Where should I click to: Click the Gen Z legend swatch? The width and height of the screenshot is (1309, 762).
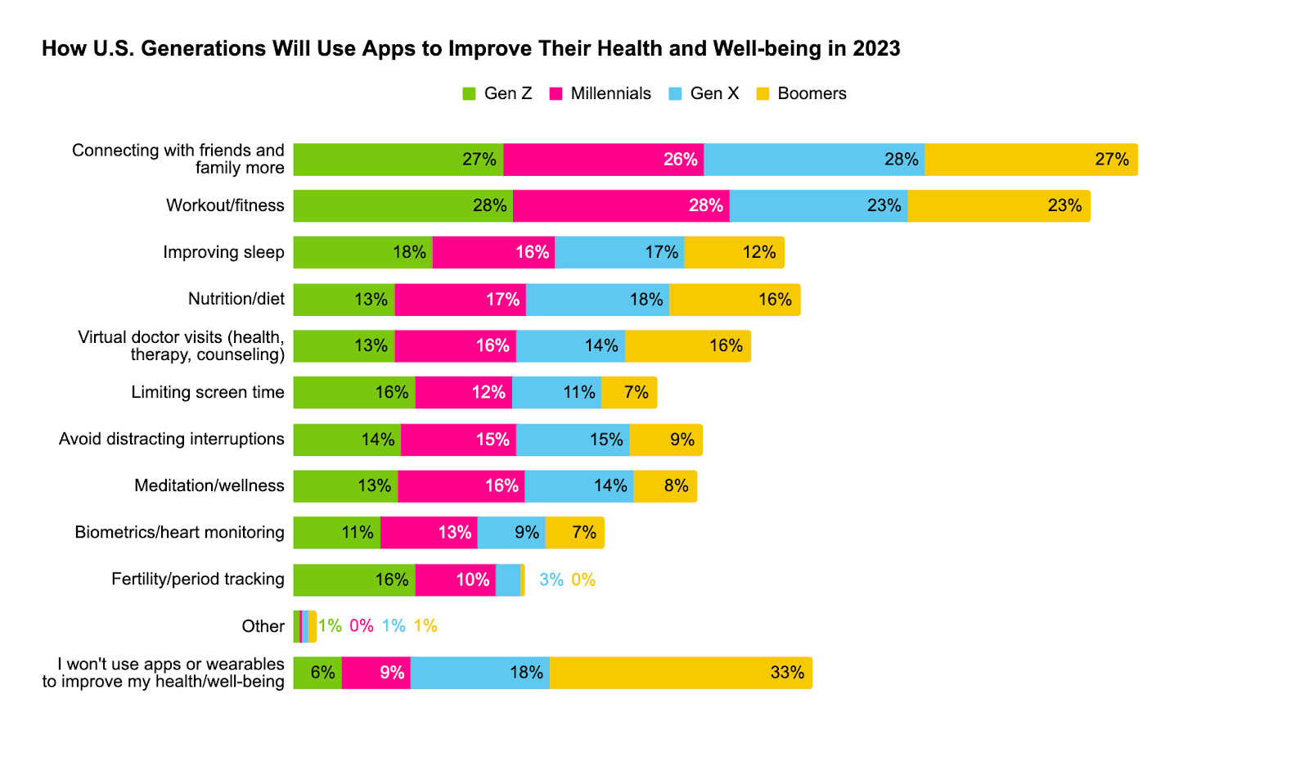470,94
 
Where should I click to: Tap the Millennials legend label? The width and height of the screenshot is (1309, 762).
610,94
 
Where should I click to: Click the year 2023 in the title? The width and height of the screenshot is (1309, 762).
876,49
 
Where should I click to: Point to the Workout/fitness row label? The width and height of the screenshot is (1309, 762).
225,205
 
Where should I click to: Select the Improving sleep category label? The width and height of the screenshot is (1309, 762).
223,252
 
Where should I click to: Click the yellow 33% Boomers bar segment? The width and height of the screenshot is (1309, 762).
681,673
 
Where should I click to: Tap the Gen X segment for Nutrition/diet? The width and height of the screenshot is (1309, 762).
597,300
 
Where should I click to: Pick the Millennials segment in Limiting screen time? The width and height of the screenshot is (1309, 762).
463,393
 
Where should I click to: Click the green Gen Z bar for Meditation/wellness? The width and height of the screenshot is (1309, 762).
345,486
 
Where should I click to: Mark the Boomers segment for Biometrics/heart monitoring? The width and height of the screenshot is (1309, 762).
575,533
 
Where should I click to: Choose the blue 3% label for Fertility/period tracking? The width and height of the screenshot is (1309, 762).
551,580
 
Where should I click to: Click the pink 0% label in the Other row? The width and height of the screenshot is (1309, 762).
362,626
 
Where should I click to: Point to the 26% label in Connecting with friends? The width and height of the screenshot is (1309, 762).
680,160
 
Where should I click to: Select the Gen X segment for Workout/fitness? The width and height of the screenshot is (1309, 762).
818,205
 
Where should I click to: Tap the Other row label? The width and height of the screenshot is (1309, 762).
263,626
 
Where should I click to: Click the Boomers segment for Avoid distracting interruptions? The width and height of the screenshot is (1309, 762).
665,440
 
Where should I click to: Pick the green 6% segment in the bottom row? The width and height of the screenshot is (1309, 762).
317,673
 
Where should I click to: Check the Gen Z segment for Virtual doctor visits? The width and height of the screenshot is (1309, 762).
344,346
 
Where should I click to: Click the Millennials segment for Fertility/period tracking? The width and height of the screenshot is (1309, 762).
455,580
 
